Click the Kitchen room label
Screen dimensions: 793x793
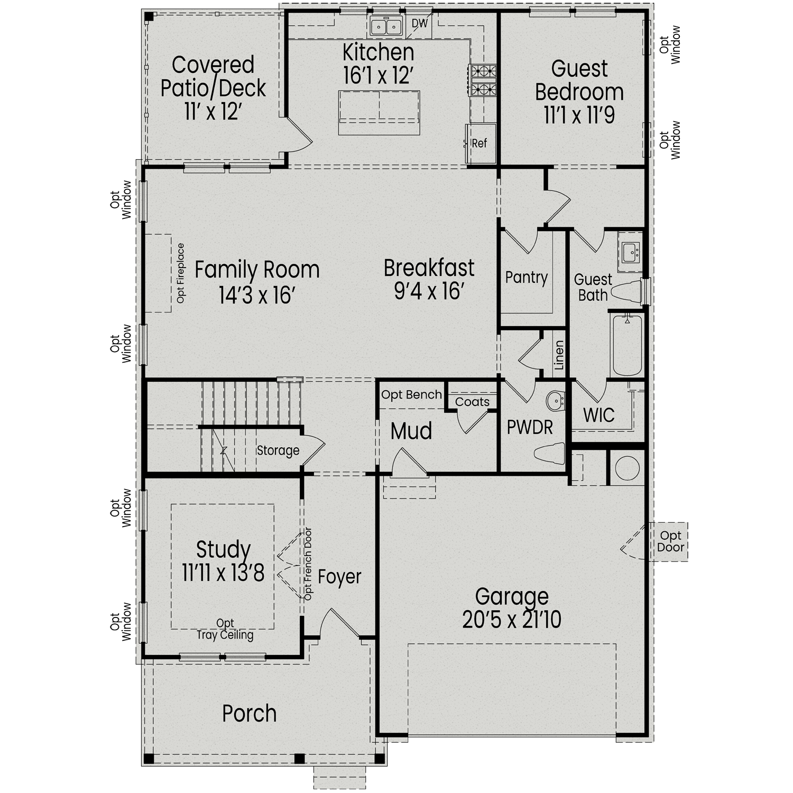coord(378,52)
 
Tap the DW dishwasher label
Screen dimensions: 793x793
coord(419,23)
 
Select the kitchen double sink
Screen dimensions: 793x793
coord(385,26)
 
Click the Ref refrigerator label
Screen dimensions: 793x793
coord(479,143)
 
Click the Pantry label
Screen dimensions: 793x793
coord(526,278)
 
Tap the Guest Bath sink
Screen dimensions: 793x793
coord(630,253)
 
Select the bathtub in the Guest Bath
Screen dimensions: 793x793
coord(626,345)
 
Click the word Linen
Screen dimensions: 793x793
coord(559,355)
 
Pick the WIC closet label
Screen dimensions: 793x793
coord(598,415)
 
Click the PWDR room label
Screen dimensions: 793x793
coord(530,427)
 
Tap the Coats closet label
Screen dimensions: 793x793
coord(472,402)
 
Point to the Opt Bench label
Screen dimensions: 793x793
coord(411,394)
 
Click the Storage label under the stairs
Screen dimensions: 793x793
coord(278,450)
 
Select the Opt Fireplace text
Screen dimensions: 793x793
coord(181,273)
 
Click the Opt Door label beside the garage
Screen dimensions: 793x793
coord(670,542)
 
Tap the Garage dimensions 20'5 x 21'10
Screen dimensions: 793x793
coord(511,620)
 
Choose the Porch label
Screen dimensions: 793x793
coord(249,714)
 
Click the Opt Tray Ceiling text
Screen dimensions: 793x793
coord(225,630)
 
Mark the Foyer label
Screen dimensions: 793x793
coord(339,577)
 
